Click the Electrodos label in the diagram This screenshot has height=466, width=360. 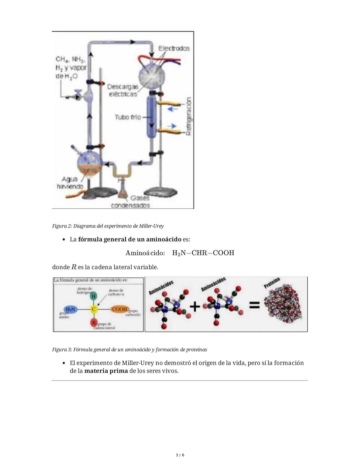pos(174,48)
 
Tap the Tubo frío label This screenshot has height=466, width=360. pos(128,117)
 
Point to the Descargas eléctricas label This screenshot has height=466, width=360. pos(123,90)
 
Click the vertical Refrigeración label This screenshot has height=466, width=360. pos(188,116)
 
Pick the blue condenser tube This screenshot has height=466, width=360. pos(151,117)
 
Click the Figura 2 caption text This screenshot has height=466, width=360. pos(108,226)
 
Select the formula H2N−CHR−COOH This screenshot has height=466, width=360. pos(203,253)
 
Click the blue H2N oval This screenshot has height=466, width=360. pos(70,310)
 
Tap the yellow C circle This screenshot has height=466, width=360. pos(94,310)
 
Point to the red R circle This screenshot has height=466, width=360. pos(94,323)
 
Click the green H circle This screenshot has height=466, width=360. pos(94,296)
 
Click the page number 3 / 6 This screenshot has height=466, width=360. pos(180,455)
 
